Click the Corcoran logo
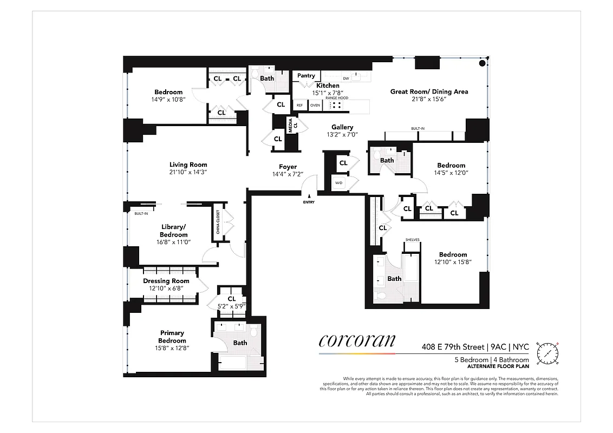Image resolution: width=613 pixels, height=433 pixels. [x=357, y=340]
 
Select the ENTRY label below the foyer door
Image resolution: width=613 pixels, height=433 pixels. [x=309, y=202]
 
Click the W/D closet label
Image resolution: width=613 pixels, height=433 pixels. [x=339, y=183]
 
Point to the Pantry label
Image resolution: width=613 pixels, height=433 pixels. [x=306, y=76]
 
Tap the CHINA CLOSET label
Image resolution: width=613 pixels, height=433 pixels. [x=218, y=224]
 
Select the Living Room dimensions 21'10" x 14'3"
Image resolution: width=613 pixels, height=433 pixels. [x=188, y=172]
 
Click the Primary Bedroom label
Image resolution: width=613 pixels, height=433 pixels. [x=172, y=337]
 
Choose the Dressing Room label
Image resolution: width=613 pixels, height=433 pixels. [x=166, y=281]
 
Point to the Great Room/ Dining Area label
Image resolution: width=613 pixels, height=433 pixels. [x=429, y=91]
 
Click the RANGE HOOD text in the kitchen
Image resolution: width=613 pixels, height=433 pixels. [x=336, y=98]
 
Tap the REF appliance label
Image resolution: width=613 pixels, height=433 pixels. [x=299, y=106]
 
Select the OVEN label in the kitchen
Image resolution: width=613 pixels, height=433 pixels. [x=315, y=106]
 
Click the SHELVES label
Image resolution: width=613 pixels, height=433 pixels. [x=413, y=240]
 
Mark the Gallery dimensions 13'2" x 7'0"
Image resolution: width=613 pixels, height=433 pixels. [x=342, y=135]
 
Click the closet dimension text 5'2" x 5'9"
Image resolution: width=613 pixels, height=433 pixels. [x=232, y=306]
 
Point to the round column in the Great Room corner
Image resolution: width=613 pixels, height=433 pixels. [x=481, y=63]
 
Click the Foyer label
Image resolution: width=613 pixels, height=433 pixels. [x=288, y=167]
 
